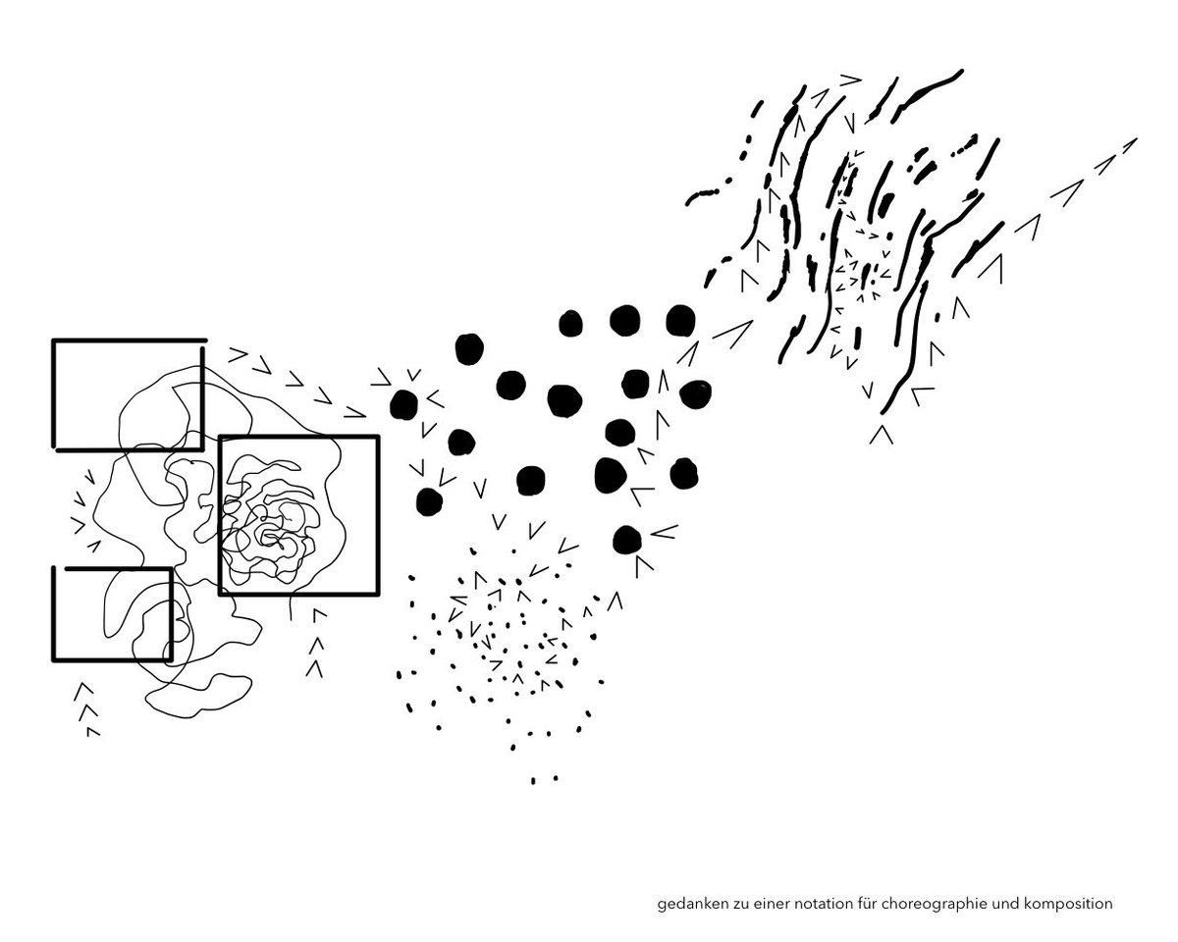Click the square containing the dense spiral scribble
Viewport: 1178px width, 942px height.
298,515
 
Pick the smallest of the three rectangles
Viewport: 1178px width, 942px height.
112,613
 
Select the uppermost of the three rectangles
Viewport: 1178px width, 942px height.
128,394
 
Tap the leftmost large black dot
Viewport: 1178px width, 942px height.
404,401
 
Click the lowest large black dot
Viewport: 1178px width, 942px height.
627,539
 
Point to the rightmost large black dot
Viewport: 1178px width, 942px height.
695,393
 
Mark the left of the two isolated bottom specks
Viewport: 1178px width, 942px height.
533,781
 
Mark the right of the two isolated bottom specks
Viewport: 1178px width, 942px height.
555,779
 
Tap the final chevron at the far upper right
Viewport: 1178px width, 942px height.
1128,144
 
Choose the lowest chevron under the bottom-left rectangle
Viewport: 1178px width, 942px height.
93,732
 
